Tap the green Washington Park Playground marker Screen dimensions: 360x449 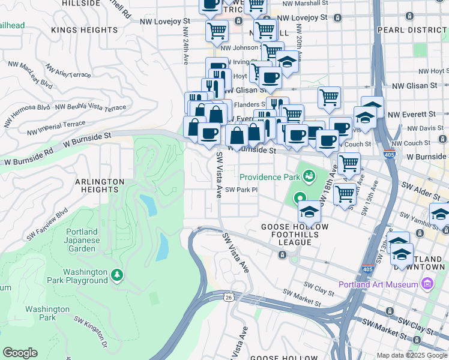117,275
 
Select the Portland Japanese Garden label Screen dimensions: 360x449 82,240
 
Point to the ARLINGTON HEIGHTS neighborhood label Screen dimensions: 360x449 100,185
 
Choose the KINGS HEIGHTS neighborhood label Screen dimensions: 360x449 85,29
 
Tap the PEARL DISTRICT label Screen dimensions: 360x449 412,29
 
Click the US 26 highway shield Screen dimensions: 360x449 228,297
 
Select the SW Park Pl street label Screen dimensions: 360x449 241,190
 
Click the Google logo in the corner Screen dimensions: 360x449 20,353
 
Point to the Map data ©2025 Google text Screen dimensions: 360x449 412,355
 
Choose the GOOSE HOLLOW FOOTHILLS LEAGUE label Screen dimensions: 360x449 286,235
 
